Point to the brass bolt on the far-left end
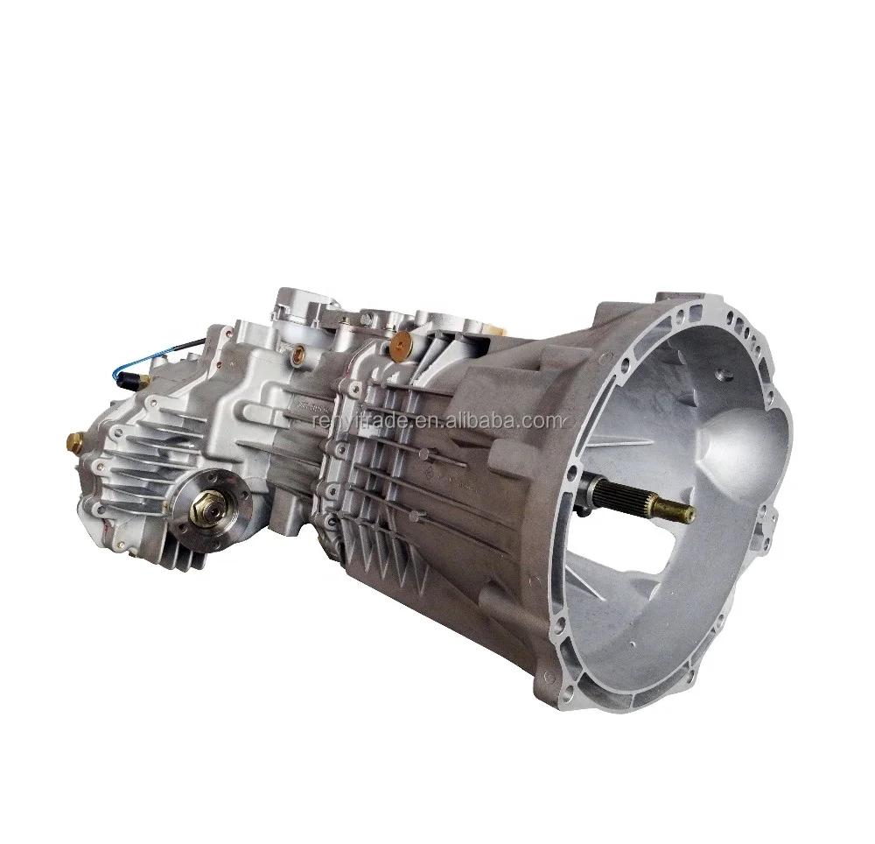72,435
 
